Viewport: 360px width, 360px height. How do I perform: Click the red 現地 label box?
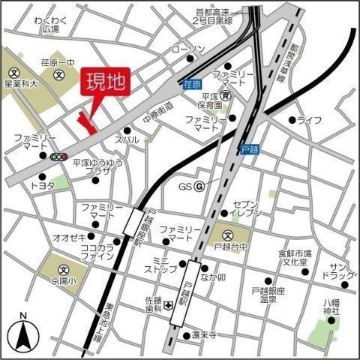[x=105, y=82]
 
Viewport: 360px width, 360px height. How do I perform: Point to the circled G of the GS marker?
[x=199, y=186]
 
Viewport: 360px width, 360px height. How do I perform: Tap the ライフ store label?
[x=309, y=120]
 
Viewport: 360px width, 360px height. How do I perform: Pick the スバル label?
[x=126, y=139]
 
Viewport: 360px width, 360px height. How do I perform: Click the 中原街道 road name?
[x=158, y=116]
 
